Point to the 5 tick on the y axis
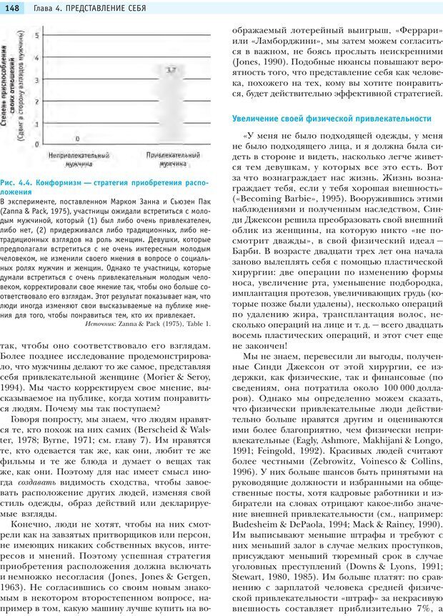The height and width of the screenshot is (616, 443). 37,34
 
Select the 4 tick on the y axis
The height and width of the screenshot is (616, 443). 37,56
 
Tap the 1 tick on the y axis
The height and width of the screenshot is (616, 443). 37,122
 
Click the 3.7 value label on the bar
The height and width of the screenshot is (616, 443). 171,70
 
